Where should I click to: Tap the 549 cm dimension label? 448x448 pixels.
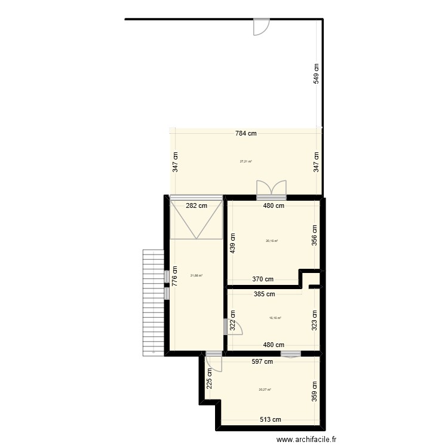click(x=316, y=73)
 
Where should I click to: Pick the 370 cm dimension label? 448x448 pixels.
click(x=262, y=279)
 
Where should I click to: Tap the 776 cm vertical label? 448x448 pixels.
click(x=174, y=278)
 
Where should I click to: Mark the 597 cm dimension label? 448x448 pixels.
click(x=262, y=361)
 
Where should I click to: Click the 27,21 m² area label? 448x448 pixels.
click(x=246, y=161)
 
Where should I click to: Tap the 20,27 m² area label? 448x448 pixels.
click(x=265, y=390)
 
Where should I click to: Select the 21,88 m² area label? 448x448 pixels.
click(x=196, y=275)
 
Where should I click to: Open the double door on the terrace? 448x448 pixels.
click(x=272, y=189)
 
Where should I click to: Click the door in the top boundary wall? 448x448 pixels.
click(x=261, y=26)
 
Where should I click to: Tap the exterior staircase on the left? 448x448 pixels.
click(x=153, y=302)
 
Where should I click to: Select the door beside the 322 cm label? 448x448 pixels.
click(x=234, y=327)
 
